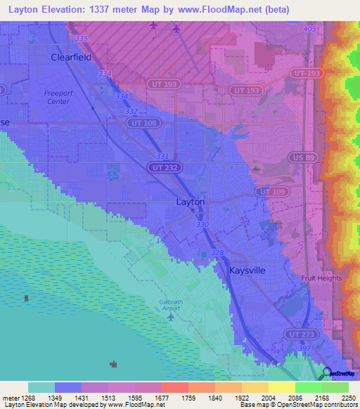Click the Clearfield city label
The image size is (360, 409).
pos(71,58)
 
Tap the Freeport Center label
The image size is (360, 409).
pos(57,97)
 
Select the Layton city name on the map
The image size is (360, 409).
pos(190,202)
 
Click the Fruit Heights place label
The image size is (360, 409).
pos(321,278)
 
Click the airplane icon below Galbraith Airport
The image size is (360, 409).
pos(170,317)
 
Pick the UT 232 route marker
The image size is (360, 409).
pos(163,167)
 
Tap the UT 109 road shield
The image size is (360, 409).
pos(272,191)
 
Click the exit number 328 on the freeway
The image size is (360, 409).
pos(217,252)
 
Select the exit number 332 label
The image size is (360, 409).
pos(131,112)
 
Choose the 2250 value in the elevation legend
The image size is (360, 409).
pos(348,398)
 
